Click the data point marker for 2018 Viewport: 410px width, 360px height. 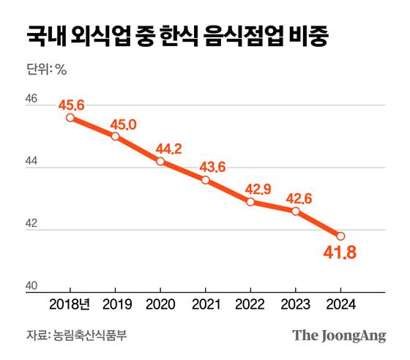click(70, 117)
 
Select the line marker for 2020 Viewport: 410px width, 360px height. click(160, 161)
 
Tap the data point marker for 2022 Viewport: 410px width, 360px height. click(250, 202)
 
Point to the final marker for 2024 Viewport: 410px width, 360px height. click(340, 236)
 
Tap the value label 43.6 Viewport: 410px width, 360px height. click(214, 166)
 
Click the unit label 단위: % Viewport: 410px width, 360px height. click(47, 71)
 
